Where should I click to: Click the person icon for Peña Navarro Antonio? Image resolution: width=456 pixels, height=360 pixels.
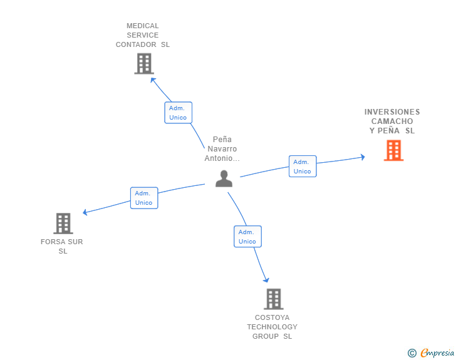click(224, 178)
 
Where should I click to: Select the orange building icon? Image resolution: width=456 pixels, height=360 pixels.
click(393, 150)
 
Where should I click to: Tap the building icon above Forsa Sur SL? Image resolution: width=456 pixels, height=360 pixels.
click(63, 224)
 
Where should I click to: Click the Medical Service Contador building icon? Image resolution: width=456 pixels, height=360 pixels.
click(144, 63)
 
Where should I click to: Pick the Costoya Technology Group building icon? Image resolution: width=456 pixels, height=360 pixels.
click(273, 299)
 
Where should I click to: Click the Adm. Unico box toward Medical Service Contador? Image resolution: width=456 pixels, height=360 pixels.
click(178, 113)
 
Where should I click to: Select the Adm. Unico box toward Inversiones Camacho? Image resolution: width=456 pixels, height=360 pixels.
click(303, 167)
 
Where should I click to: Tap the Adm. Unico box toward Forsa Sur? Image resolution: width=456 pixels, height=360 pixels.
click(144, 198)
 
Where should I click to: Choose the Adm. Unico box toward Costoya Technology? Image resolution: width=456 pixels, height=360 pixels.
click(247, 237)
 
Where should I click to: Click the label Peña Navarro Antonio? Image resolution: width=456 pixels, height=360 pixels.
click(222, 149)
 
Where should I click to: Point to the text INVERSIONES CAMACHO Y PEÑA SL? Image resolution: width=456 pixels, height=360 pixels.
click(392, 121)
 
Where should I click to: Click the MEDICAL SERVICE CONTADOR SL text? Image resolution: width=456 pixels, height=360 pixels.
click(143, 36)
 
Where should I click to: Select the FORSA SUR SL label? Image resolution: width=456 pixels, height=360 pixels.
click(62, 246)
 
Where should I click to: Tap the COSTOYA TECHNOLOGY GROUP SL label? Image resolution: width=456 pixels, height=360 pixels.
click(272, 327)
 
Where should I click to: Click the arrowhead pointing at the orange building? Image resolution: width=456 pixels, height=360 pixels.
click(361, 157)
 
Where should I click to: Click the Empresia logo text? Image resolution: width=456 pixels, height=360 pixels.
click(437, 353)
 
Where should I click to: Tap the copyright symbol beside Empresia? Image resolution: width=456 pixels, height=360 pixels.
click(412, 353)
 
